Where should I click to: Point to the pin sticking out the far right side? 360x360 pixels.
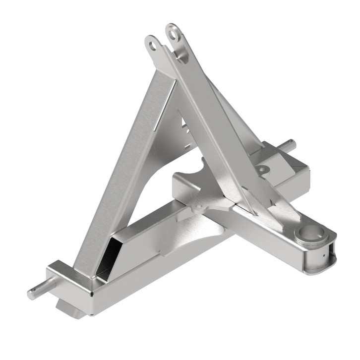click(x=289, y=145)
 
